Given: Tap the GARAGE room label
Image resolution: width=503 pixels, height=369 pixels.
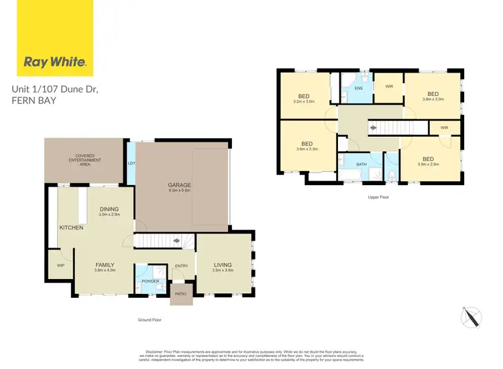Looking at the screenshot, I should [179, 184].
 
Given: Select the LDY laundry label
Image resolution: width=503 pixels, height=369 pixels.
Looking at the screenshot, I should [131, 163].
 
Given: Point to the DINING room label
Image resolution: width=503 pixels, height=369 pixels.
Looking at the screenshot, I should [109, 209].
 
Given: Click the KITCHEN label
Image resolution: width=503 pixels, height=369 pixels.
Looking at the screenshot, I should [71, 228].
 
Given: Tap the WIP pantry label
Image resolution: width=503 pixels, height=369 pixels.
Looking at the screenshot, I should [60, 266].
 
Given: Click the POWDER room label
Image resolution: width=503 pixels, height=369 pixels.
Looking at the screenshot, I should [150, 281].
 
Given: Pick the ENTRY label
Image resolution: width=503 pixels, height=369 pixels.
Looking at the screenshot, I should [181, 266].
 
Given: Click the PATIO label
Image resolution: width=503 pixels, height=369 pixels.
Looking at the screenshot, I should [180, 293].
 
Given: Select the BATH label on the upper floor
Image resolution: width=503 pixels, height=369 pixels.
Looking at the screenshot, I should [361, 164].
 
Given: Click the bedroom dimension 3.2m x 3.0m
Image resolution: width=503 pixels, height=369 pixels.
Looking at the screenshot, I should [304, 102].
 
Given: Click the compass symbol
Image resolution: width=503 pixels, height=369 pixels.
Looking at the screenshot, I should [471, 315].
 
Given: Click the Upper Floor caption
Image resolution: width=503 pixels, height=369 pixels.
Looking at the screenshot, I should [378, 197].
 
